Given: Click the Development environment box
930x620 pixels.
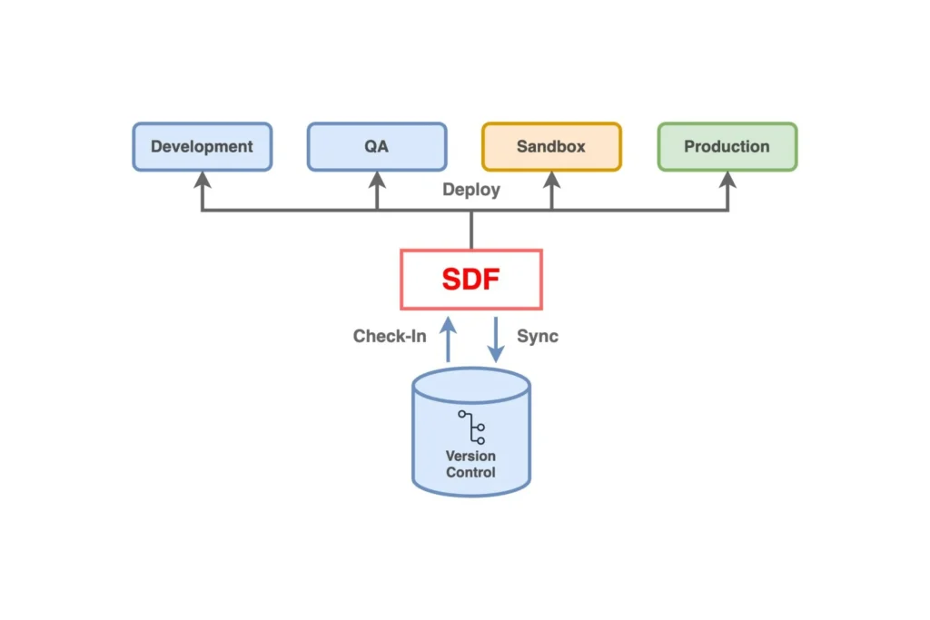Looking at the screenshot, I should pyautogui.click(x=202, y=146).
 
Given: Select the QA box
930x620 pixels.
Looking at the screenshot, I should pyautogui.click(x=377, y=146).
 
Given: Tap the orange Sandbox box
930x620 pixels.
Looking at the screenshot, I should pyautogui.click(x=551, y=146).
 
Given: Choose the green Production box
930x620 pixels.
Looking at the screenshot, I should pyautogui.click(x=727, y=146).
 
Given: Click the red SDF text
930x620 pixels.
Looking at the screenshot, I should pyautogui.click(x=470, y=280).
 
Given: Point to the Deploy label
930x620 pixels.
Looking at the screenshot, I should pyautogui.click(x=470, y=191).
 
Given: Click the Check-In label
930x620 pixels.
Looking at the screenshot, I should pyautogui.click(x=390, y=337).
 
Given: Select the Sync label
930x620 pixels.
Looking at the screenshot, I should pyautogui.click(x=538, y=337).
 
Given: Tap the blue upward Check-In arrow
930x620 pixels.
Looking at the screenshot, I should pyautogui.click(x=448, y=340).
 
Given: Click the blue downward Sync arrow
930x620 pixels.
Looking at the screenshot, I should pyautogui.click(x=496, y=340).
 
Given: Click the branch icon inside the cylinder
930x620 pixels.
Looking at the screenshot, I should pyautogui.click(x=471, y=427).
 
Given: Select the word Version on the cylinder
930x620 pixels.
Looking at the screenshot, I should pyautogui.click(x=470, y=456).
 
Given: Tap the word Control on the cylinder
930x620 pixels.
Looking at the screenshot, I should pyautogui.click(x=470, y=472).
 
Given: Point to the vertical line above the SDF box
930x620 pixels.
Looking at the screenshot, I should pyautogui.click(x=470, y=231).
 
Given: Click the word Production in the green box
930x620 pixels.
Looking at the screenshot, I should pyautogui.click(x=727, y=146).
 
